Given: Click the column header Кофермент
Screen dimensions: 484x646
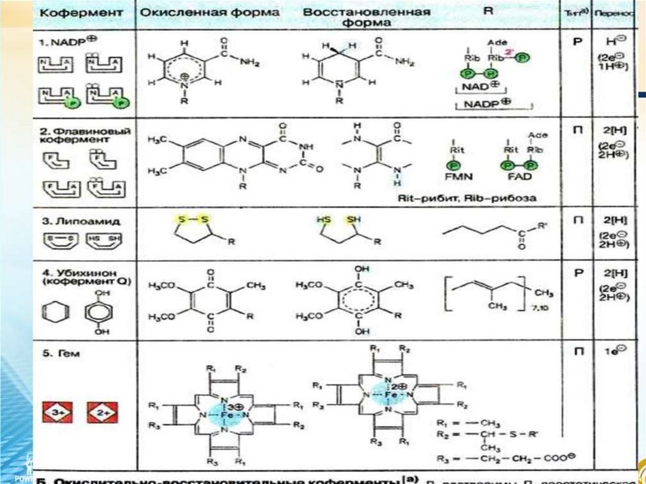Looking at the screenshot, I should point(71,13).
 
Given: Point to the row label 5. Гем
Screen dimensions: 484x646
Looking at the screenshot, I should point(58,353).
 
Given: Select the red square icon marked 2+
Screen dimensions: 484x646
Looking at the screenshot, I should point(100,413).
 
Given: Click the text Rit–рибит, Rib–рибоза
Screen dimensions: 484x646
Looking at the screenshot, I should point(467,198).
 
